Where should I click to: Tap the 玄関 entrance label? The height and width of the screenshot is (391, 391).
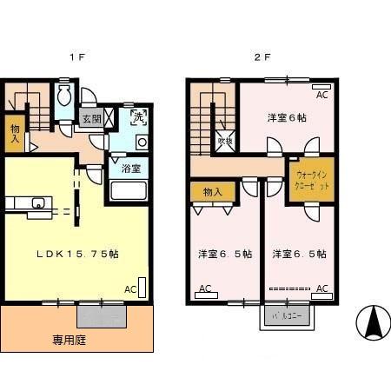(91, 118)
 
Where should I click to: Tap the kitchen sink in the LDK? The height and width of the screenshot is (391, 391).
(37, 204)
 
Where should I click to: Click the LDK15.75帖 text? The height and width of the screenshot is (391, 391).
(77, 255)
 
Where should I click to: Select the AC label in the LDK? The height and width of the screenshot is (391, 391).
(129, 289)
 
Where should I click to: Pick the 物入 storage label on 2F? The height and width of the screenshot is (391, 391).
(213, 191)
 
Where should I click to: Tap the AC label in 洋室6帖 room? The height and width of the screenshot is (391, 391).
(321, 96)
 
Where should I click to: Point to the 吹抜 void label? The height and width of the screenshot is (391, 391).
(223, 138)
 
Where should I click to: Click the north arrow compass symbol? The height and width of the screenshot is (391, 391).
(373, 323)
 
